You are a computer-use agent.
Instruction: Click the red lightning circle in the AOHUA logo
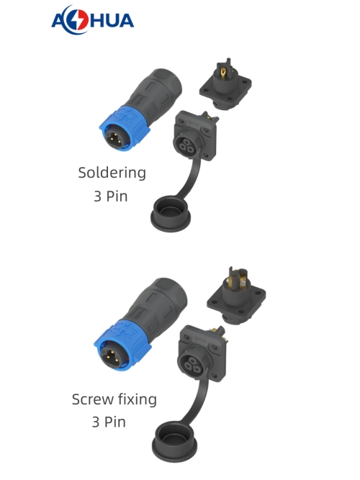tap(80, 19)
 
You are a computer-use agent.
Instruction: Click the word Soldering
tap(112, 173)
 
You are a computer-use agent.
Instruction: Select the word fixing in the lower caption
tap(138, 400)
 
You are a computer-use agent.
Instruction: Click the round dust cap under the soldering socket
tap(171, 214)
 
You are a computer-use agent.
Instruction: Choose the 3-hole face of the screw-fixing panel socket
tap(193, 365)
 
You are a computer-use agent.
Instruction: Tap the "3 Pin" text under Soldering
tap(111, 196)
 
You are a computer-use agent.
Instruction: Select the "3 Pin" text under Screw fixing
tap(109, 422)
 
